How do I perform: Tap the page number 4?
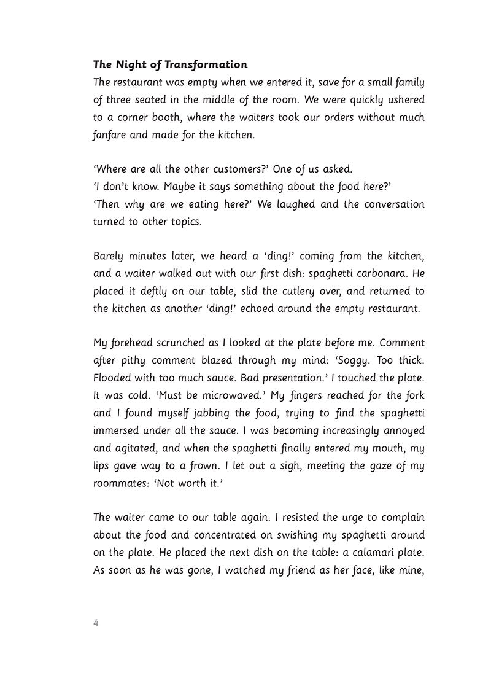pos(96,623)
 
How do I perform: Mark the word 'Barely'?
pos(108,255)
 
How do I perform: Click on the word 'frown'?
pos(207,465)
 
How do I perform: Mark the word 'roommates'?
pos(123,482)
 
